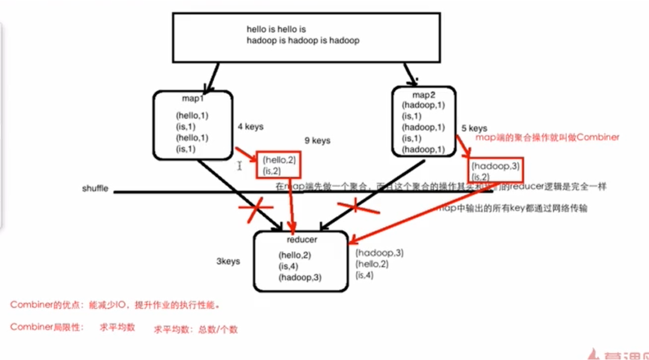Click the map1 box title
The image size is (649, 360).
(x=192, y=98)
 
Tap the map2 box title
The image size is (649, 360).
(x=424, y=95)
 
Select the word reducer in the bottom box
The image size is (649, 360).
(x=302, y=240)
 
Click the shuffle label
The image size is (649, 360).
(x=95, y=188)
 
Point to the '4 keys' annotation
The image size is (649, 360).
(x=250, y=127)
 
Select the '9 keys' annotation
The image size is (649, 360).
(x=318, y=141)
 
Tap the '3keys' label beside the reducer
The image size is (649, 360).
(x=228, y=262)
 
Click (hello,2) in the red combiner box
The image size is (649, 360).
(x=279, y=159)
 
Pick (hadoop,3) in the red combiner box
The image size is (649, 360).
(x=495, y=166)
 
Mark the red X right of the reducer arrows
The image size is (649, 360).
(x=358, y=207)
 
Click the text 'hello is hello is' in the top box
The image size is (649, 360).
(x=276, y=29)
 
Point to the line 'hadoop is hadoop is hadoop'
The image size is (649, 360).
(x=303, y=41)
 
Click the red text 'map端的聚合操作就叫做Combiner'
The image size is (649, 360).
(x=547, y=137)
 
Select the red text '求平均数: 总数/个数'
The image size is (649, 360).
(x=196, y=329)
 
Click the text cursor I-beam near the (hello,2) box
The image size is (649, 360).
(x=240, y=166)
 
